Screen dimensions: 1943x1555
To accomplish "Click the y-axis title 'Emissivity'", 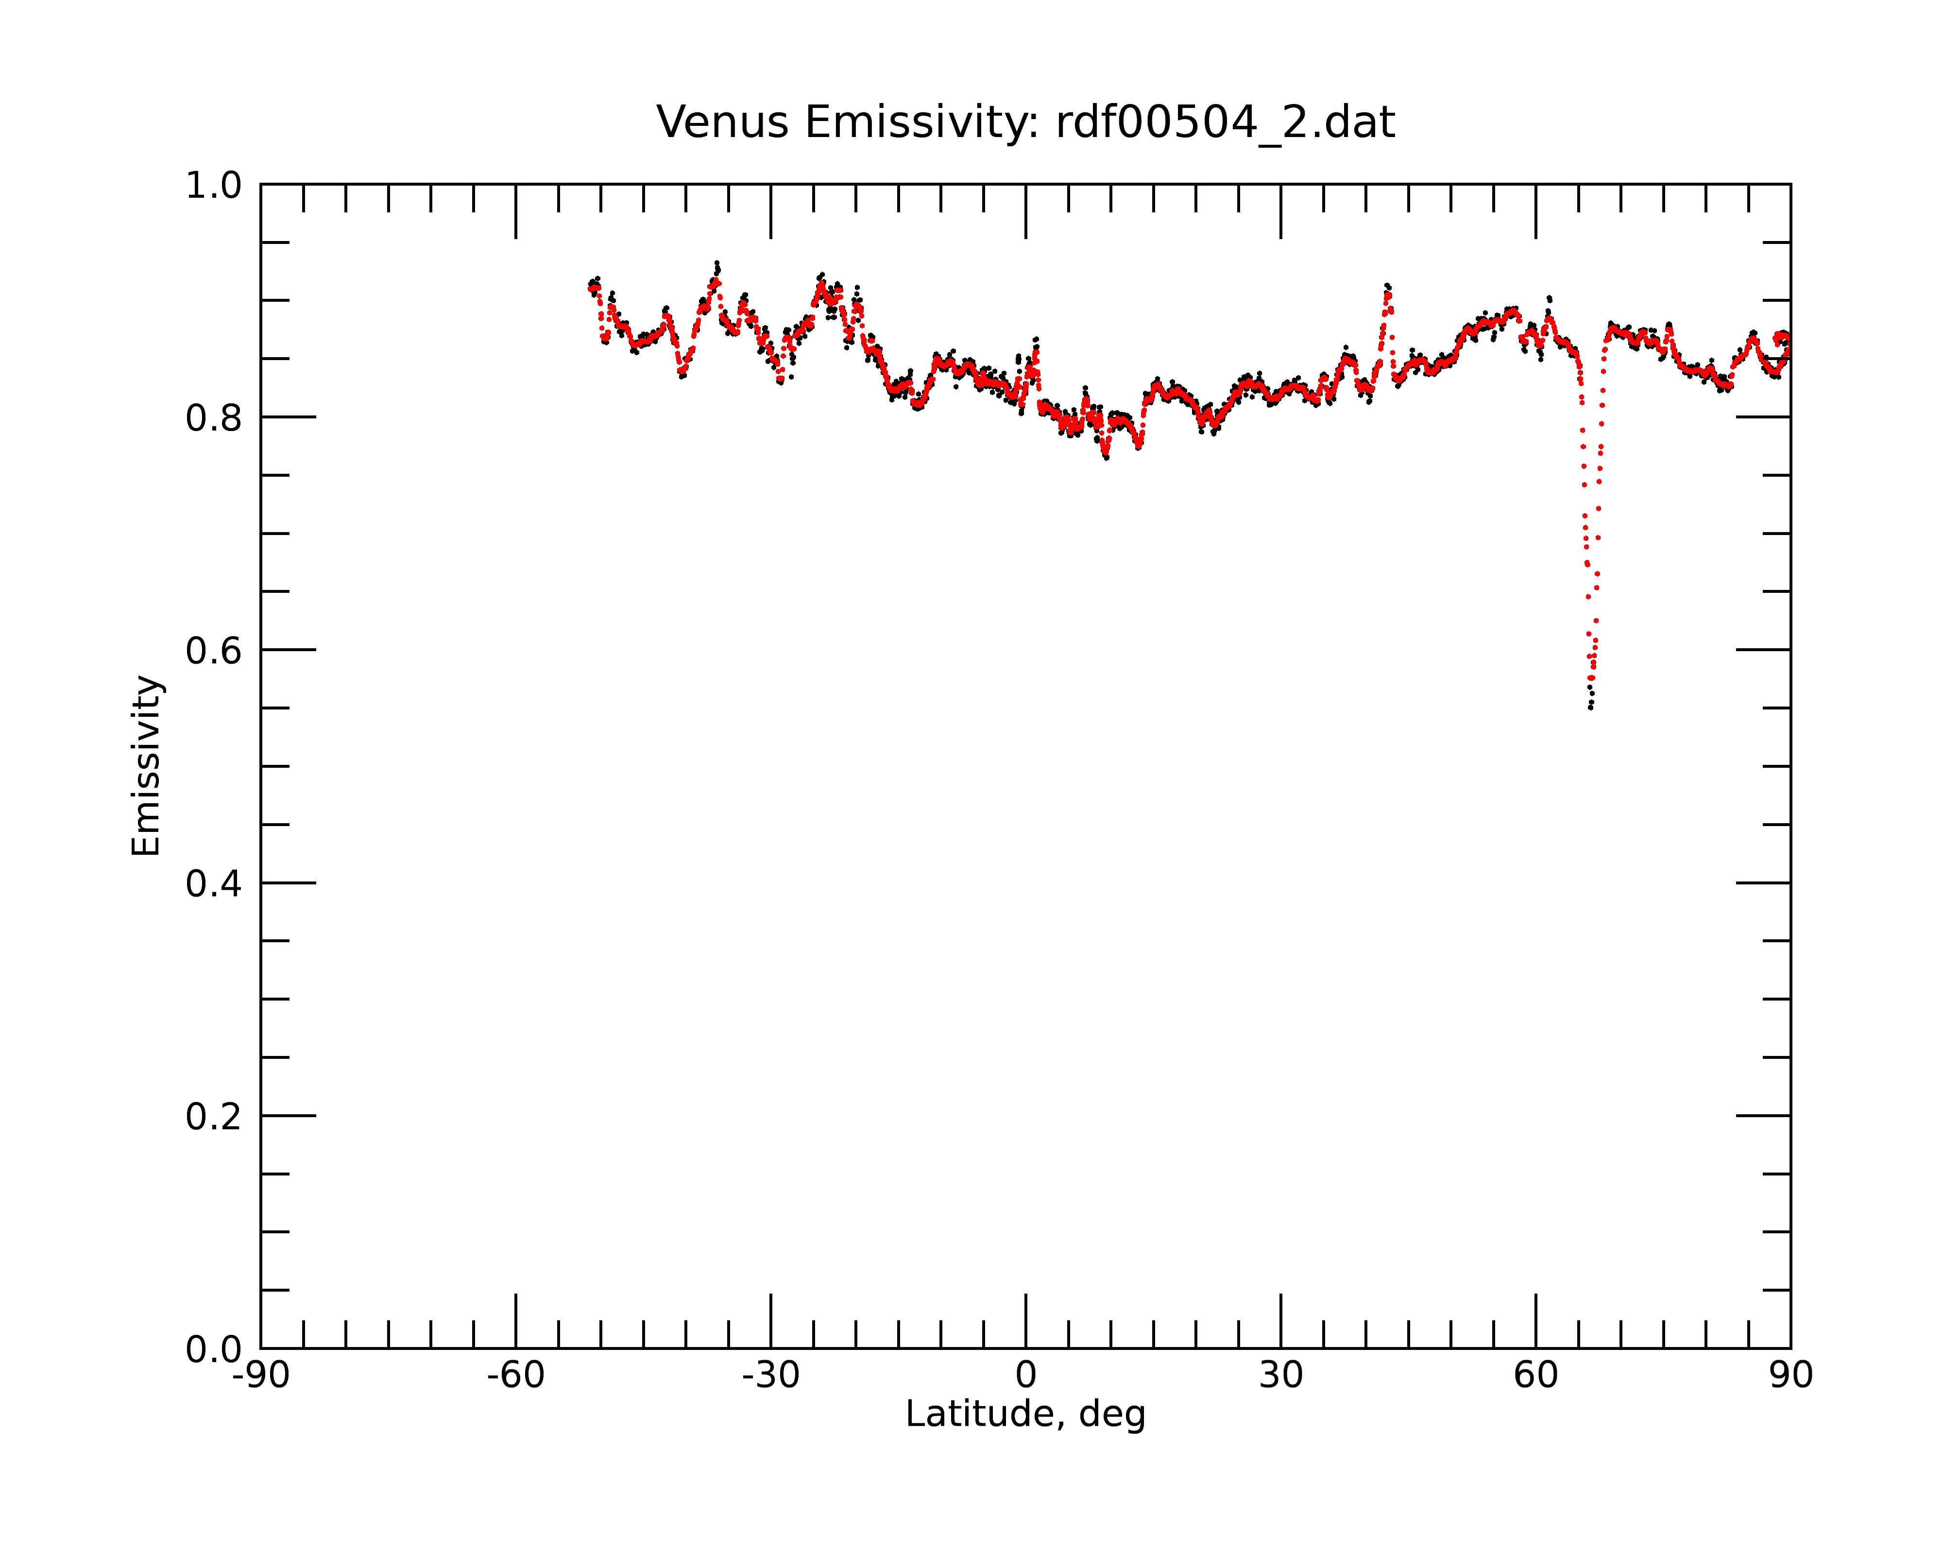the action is (x=146, y=765).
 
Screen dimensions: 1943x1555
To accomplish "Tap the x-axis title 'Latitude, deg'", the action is (x=1025, y=1415).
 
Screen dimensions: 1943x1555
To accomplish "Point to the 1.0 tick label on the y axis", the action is (x=214, y=186).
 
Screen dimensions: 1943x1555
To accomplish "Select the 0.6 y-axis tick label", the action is (x=214, y=651).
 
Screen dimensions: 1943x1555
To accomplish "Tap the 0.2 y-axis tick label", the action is (x=214, y=1117).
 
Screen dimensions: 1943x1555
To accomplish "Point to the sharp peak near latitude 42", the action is (x=1387, y=286).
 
